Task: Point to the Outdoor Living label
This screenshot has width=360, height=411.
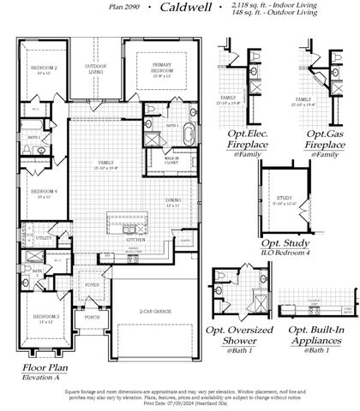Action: [x=95, y=68]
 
